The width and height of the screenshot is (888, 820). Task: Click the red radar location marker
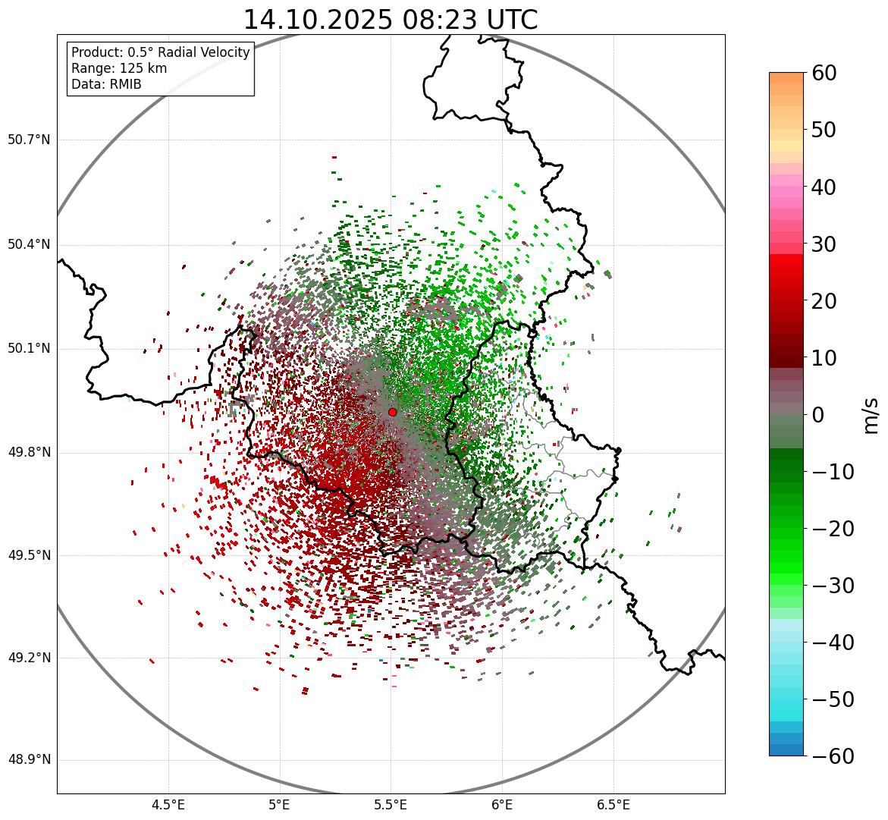(x=392, y=412)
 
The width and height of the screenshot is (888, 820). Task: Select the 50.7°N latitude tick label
(x=29, y=140)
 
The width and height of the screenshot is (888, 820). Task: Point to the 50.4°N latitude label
(x=29, y=244)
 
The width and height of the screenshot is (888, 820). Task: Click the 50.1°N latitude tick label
(x=29, y=349)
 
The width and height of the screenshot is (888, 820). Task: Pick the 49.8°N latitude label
(x=29, y=453)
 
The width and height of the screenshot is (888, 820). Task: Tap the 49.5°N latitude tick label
(x=29, y=555)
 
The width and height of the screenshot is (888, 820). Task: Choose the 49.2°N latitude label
(x=29, y=658)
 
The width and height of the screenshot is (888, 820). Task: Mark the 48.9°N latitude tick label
(x=29, y=760)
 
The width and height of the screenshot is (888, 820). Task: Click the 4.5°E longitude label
(x=168, y=805)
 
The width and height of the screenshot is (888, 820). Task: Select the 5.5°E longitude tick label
(x=391, y=805)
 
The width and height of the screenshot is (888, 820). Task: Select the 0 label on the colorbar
(x=817, y=415)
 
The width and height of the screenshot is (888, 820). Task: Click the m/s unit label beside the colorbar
(x=871, y=415)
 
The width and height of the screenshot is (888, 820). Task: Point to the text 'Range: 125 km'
(x=119, y=68)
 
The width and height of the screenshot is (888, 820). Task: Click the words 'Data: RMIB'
(x=106, y=84)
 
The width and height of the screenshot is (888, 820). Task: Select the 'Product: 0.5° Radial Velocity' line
(x=160, y=52)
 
